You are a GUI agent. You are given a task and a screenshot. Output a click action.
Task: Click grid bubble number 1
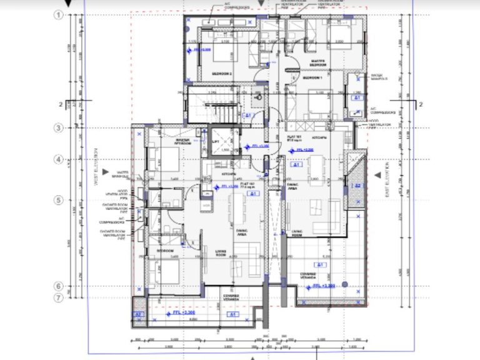60,15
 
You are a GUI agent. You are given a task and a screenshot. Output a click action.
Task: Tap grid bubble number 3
60,128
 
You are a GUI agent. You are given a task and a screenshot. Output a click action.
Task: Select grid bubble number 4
60,159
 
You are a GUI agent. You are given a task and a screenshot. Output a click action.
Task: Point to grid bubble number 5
60,200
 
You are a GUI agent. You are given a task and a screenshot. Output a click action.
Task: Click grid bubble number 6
60,286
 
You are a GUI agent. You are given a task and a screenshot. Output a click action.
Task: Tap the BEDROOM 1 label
312,77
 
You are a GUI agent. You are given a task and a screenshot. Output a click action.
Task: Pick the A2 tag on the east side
357,186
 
